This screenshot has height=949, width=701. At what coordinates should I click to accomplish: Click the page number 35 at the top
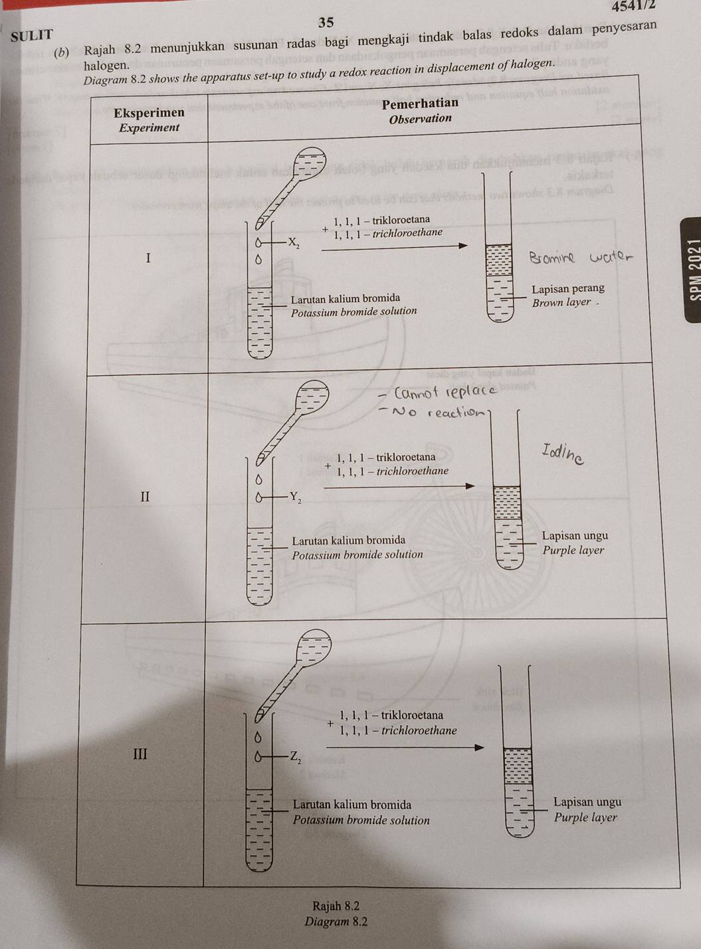326,23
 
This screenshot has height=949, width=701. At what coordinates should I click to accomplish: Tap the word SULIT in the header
33,36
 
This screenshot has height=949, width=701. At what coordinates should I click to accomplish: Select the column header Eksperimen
149,113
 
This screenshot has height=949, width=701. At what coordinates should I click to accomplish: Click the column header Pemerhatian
420,103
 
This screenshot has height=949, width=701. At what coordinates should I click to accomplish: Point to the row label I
148,258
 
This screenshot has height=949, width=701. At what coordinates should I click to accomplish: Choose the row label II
146,496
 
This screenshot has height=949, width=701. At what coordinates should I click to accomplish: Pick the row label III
140,754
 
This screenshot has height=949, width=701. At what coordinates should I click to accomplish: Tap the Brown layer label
561,302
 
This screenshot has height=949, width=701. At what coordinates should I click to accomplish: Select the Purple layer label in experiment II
573,550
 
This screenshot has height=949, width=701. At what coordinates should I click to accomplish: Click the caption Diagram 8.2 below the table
336,922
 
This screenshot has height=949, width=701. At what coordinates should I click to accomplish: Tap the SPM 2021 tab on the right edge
695,269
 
